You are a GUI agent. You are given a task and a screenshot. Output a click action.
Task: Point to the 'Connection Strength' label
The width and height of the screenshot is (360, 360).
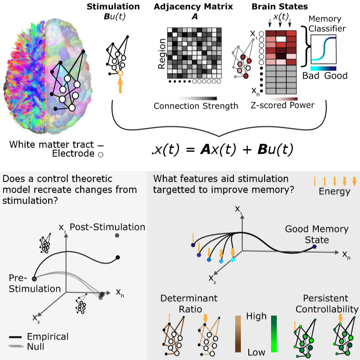coord(195,106)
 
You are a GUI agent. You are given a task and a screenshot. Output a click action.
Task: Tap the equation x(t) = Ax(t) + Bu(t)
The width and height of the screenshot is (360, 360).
coord(221,149)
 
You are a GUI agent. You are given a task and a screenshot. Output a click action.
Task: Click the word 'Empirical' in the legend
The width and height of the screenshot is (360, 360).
coord(48,336)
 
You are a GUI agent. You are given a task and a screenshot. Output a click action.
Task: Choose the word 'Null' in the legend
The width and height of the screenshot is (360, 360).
coord(36,346)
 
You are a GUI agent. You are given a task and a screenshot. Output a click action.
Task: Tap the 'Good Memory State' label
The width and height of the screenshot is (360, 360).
coord(311,234)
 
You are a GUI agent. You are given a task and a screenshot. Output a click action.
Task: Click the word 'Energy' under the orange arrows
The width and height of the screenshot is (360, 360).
coord(335,191)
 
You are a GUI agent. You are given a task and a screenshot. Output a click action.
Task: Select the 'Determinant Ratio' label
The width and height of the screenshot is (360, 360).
coord(183,304)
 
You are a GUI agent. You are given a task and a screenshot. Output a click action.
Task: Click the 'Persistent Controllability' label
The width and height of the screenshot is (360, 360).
coord(326,304)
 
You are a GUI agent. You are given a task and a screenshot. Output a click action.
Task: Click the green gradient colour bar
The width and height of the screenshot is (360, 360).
coord(274,334)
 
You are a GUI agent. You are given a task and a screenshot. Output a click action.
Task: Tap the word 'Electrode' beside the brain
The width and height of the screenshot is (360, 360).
coord(74,153)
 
